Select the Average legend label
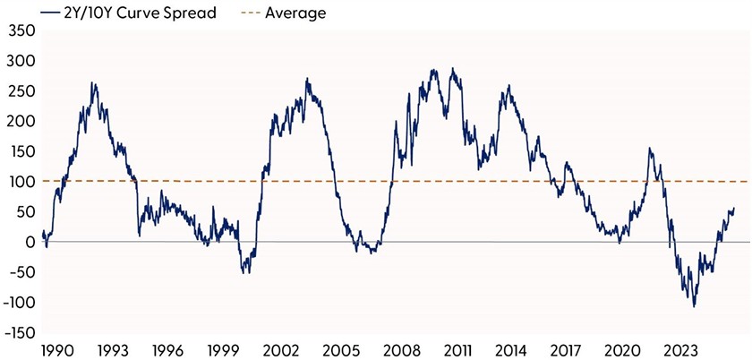click(x=295, y=13)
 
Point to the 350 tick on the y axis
click(x=19, y=31)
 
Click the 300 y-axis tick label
click(x=19, y=62)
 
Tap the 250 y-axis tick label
click(x=19, y=91)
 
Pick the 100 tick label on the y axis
click(x=19, y=182)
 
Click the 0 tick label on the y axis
click(x=27, y=243)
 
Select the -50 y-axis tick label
click(x=19, y=272)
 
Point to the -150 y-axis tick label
click(x=17, y=333)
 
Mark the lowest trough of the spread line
click(x=694, y=306)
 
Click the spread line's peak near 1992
click(x=93, y=83)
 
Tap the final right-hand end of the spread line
click(x=734, y=209)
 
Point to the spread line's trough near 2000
click(x=244, y=272)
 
